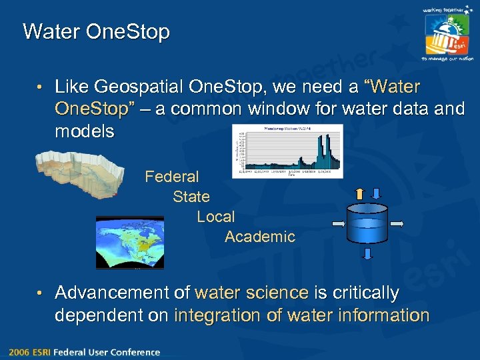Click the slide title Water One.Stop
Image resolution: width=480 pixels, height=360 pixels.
tap(96, 31)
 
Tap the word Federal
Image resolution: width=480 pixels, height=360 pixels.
tap(171, 177)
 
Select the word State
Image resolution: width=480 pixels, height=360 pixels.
tap(191, 197)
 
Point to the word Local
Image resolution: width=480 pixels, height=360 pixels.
tap(215, 217)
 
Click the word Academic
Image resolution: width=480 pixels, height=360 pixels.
tap(259, 237)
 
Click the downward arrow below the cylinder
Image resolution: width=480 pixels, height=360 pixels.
tap(368, 254)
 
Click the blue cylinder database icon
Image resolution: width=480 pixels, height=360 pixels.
tap(368, 223)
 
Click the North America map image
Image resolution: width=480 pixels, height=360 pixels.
tap(129, 243)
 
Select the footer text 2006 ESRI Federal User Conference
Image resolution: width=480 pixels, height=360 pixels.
tap(85, 352)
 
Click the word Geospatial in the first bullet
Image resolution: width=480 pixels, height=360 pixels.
tap(139, 87)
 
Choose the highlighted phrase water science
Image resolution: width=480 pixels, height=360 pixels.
tap(251, 293)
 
